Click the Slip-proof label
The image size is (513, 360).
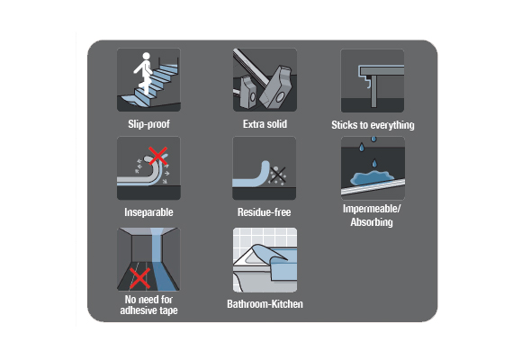tap(148, 124)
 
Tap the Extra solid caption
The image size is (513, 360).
tap(265, 124)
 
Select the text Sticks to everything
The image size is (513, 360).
tap(373, 125)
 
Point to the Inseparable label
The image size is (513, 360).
tap(148, 212)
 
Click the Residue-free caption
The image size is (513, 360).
tap(265, 212)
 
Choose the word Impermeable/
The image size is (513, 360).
tap(372, 209)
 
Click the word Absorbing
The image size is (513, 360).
tap(372, 222)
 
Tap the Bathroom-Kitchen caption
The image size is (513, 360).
tap(265, 303)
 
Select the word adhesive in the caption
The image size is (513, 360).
tap(139, 310)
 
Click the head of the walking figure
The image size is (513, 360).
tap(146, 56)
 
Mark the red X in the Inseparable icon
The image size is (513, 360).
tap(158, 156)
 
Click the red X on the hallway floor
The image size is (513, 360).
tap(140, 278)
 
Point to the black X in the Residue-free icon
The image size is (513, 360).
tap(278, 175)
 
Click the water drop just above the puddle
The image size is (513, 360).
tap(374, 163)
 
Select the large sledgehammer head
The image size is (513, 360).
tap(275, 87)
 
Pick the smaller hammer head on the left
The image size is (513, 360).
tap(248, 92)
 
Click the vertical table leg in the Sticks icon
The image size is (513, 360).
tap(374, 91)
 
